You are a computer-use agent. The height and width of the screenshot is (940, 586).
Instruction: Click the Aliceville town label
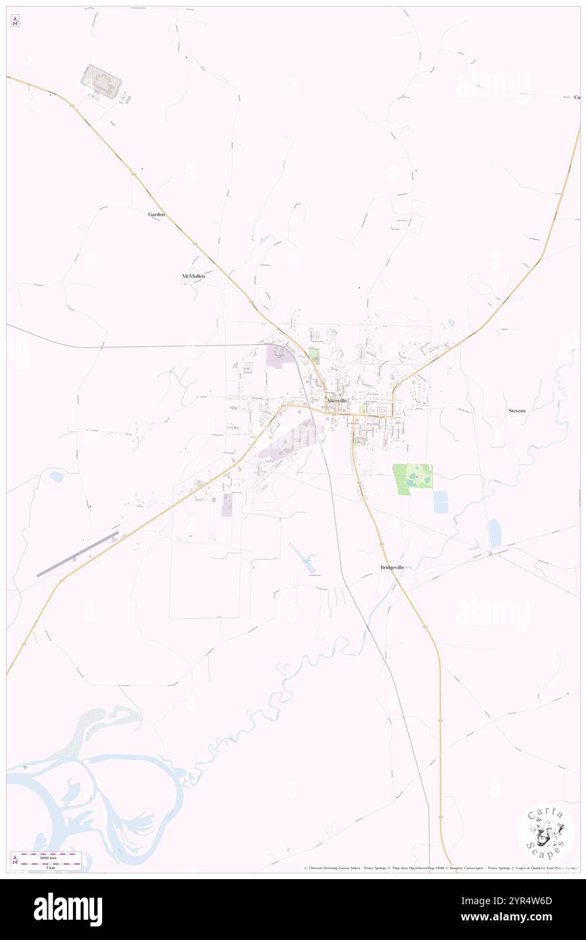pyautogui.click(x=336, y=400)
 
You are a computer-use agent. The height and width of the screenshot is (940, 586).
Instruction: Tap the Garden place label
pyautogui.click(x=157, y=214)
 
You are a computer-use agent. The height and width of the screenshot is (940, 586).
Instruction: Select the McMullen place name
pyautogui.click(x=193, y=276)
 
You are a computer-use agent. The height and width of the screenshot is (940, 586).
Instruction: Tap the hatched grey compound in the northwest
pyautogui.click(x=102, y=78)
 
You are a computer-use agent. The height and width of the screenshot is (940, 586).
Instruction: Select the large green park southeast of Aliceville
pyautogui.click(x=412, y=479)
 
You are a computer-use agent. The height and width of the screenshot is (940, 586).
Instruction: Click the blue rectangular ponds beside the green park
pyautogui.click(x=440, y=502)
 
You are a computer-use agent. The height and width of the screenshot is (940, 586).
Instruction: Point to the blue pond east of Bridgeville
pyautogui.click(x=495, y=533)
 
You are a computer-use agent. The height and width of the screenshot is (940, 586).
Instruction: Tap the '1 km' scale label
pyautogui.click(x=50, y=867)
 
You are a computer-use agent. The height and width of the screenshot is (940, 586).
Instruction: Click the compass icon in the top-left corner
pyautogui.click(x=15, y=21)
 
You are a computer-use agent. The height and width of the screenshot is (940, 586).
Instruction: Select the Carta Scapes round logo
pyautogui.click(x=545, y=832)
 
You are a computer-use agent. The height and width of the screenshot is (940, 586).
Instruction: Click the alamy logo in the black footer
pyautogui.click(x=68, y=909)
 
